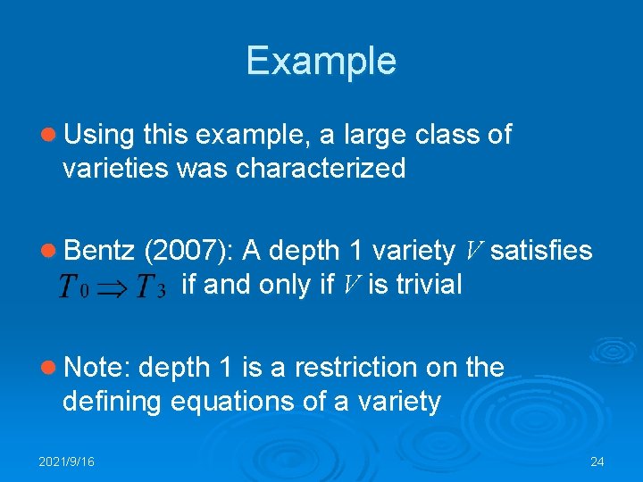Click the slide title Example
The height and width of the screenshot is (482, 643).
(x=321, y=61)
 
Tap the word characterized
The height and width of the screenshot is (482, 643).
(x=321, y=168)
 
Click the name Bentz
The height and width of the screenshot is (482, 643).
(x=99, y=251)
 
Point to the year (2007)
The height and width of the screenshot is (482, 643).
(x=188, y=251)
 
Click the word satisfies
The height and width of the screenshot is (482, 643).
(x=541, y=251)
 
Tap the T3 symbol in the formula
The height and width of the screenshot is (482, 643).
(x=149, y=287)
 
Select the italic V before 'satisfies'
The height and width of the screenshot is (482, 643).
(x=474, y=251)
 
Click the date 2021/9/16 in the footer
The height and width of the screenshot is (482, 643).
(x=66, y=461)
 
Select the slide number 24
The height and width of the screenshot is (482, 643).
(x=597, y=461)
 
